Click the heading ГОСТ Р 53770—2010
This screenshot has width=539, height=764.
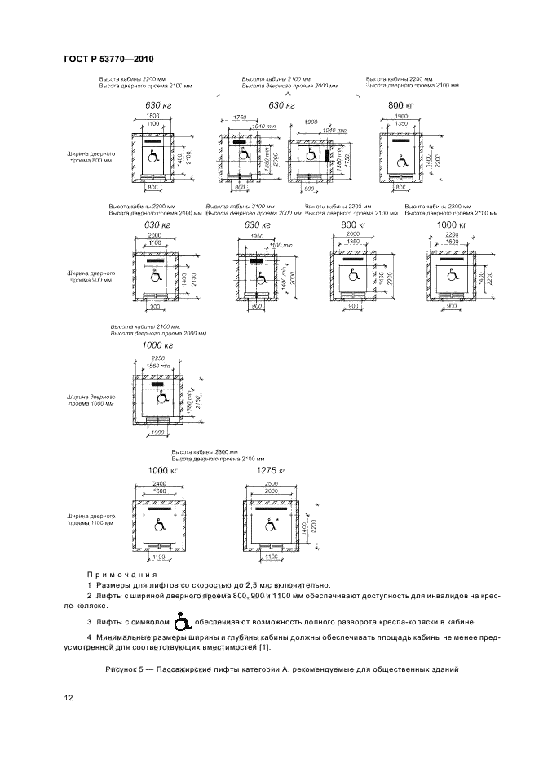108,60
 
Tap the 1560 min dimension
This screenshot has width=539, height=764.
157,366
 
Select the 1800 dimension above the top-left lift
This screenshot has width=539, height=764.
153,116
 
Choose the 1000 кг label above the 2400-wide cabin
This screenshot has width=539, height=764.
163,471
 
